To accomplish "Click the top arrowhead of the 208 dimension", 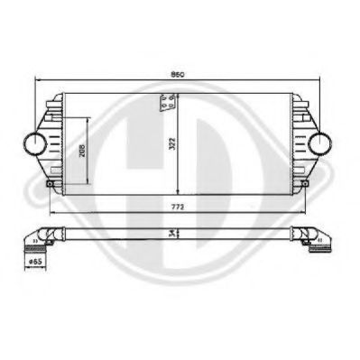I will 88,118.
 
